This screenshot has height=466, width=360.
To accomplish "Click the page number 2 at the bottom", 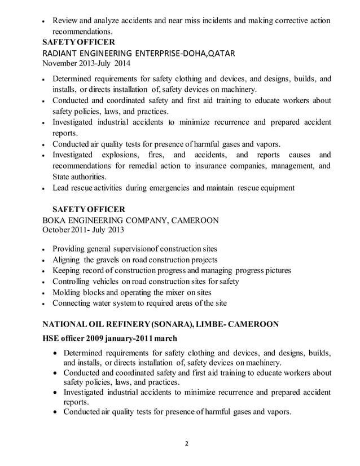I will (187, 443).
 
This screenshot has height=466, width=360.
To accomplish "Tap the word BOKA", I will (58, 220).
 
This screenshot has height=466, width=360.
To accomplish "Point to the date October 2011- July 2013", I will (84, 230).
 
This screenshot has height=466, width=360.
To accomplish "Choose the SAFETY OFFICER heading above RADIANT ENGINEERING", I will (79, 42).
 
